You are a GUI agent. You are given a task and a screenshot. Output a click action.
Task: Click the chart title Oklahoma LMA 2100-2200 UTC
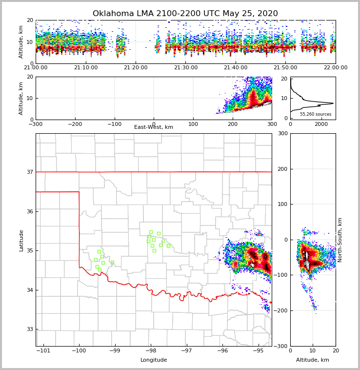[x=185, y=14]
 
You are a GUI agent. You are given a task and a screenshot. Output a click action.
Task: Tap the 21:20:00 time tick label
[x=136, y=67]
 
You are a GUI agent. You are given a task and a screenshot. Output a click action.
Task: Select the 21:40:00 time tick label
[x=236, y=67]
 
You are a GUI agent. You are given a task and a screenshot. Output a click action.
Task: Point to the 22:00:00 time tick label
[x=336, y=67]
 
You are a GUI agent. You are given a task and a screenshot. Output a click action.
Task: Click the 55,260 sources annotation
[x=315, y=114]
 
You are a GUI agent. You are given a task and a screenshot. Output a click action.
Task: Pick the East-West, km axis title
[x=154, y=127]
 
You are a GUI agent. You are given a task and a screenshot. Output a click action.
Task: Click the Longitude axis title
[x=154, y=360]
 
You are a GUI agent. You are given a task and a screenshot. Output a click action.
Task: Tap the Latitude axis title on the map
[x=21, y=240]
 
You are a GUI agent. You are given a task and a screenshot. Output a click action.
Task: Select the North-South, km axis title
[x=340, y=240]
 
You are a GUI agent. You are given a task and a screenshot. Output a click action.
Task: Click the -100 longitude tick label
[x=79, y=351]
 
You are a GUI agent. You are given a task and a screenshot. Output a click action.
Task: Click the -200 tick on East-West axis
[x=75, y=124]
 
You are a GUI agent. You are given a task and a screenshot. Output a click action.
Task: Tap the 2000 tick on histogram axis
[x=320, y=124]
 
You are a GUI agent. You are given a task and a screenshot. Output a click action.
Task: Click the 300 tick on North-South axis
[x=282, y=134]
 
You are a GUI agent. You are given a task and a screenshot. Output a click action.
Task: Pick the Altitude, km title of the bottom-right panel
[x=313, y=360]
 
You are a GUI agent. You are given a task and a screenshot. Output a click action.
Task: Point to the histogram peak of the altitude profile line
[x=333, y=103]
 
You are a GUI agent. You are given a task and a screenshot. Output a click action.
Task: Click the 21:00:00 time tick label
[x=36, y=67]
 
